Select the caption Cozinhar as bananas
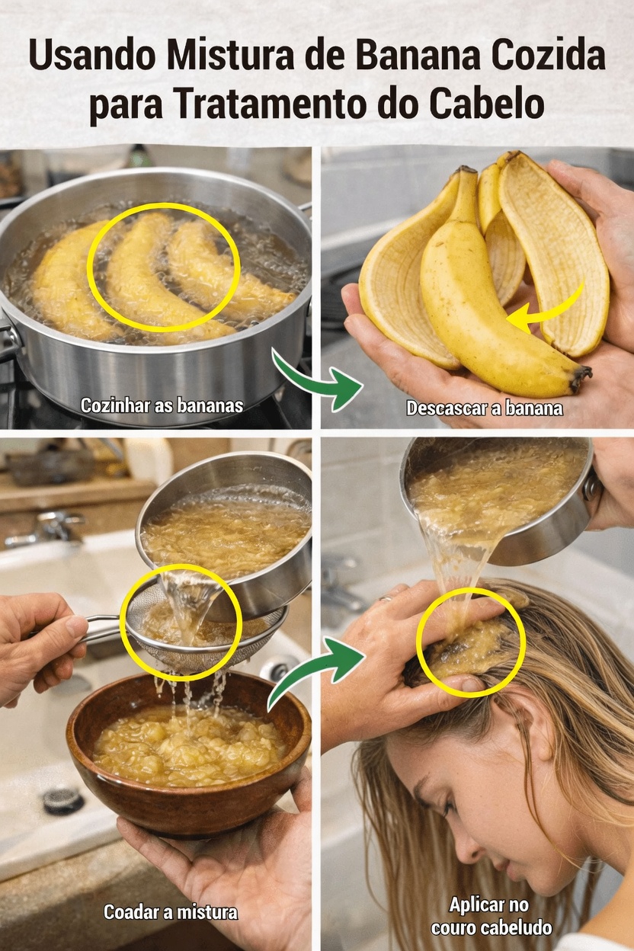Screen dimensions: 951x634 coord(162,405)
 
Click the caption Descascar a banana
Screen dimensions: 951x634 coord(484,408)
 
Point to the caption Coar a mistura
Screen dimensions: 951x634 coord(171,911)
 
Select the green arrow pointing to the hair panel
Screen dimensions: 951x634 coord(314,668)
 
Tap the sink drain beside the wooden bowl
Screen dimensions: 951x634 coord(62,799)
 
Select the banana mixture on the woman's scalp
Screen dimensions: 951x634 coord(469,644)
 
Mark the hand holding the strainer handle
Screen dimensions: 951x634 coord(38,644)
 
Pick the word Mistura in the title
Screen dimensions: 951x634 coord(226,57)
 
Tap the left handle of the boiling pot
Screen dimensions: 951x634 coord(8,339)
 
